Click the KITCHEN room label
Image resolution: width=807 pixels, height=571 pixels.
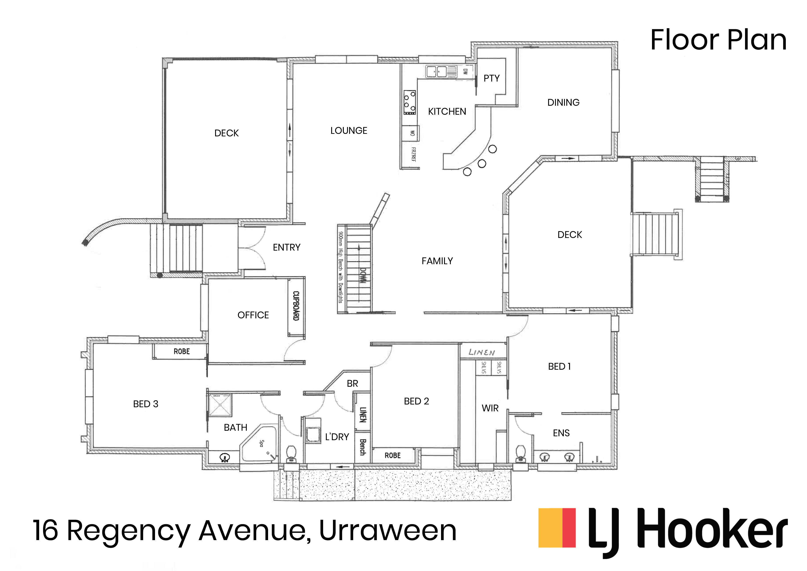click(x=447, y=111)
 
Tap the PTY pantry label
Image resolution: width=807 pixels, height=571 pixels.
click(x=491, y=78)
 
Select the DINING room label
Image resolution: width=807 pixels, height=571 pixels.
click(x=563, y=102)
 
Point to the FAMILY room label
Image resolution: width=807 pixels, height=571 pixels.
click(x=437, y=261)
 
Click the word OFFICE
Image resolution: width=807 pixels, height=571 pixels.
click(x=253, y=315)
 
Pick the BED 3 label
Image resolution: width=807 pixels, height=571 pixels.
click(x=146, y=404)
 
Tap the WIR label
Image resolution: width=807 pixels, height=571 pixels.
click(x=490, y=408)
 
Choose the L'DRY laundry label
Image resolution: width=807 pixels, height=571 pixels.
click(x=337, y=437)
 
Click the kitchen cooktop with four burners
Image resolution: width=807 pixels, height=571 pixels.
click(x=409, y=102)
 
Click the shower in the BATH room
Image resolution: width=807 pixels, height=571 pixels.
click(x=220, y=405)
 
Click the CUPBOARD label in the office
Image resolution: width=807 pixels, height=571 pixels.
click(x=296, y=306)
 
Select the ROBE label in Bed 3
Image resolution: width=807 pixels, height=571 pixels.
click(x=182, y=351)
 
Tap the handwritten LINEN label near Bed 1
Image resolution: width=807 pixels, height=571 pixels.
click(x=482, y=352)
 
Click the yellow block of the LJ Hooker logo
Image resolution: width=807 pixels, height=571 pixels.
click(x=550, y=528)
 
